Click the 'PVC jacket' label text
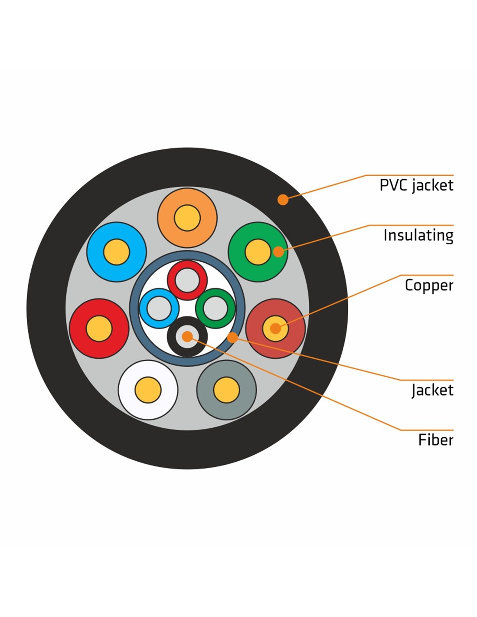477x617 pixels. pos(416,185)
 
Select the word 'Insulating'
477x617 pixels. pos(418,235)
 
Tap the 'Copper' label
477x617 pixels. pos(429,286)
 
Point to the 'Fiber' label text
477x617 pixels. pos(436,440)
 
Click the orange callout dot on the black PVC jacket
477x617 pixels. pos(283,200)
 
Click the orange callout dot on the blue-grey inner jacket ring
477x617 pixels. pos(232,337)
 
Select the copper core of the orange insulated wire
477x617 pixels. pos(187,218)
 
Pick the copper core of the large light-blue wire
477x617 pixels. pos(117,252)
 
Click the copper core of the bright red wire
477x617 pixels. pos(99,328)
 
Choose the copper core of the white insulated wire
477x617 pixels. pos(148,390)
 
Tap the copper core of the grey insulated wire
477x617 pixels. pos(226,390)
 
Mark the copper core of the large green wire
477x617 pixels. pos(258,252)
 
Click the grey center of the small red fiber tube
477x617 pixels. pos(187,280)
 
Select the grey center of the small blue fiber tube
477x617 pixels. pos(159,308)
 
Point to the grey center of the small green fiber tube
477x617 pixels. pos(216,308)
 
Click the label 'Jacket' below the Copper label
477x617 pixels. pos(432,390)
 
